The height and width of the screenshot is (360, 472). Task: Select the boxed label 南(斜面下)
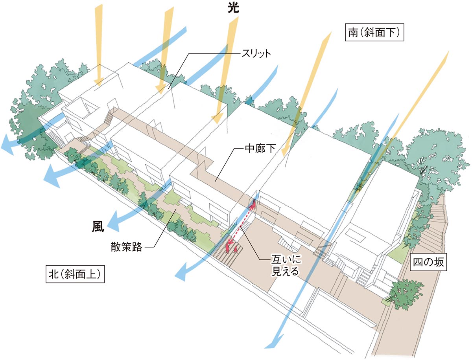(374, 33)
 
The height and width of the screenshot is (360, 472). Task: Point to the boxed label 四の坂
(428, 262)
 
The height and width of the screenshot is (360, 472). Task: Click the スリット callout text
(255, 53)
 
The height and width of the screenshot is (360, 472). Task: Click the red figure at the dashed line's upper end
(254, 204)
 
